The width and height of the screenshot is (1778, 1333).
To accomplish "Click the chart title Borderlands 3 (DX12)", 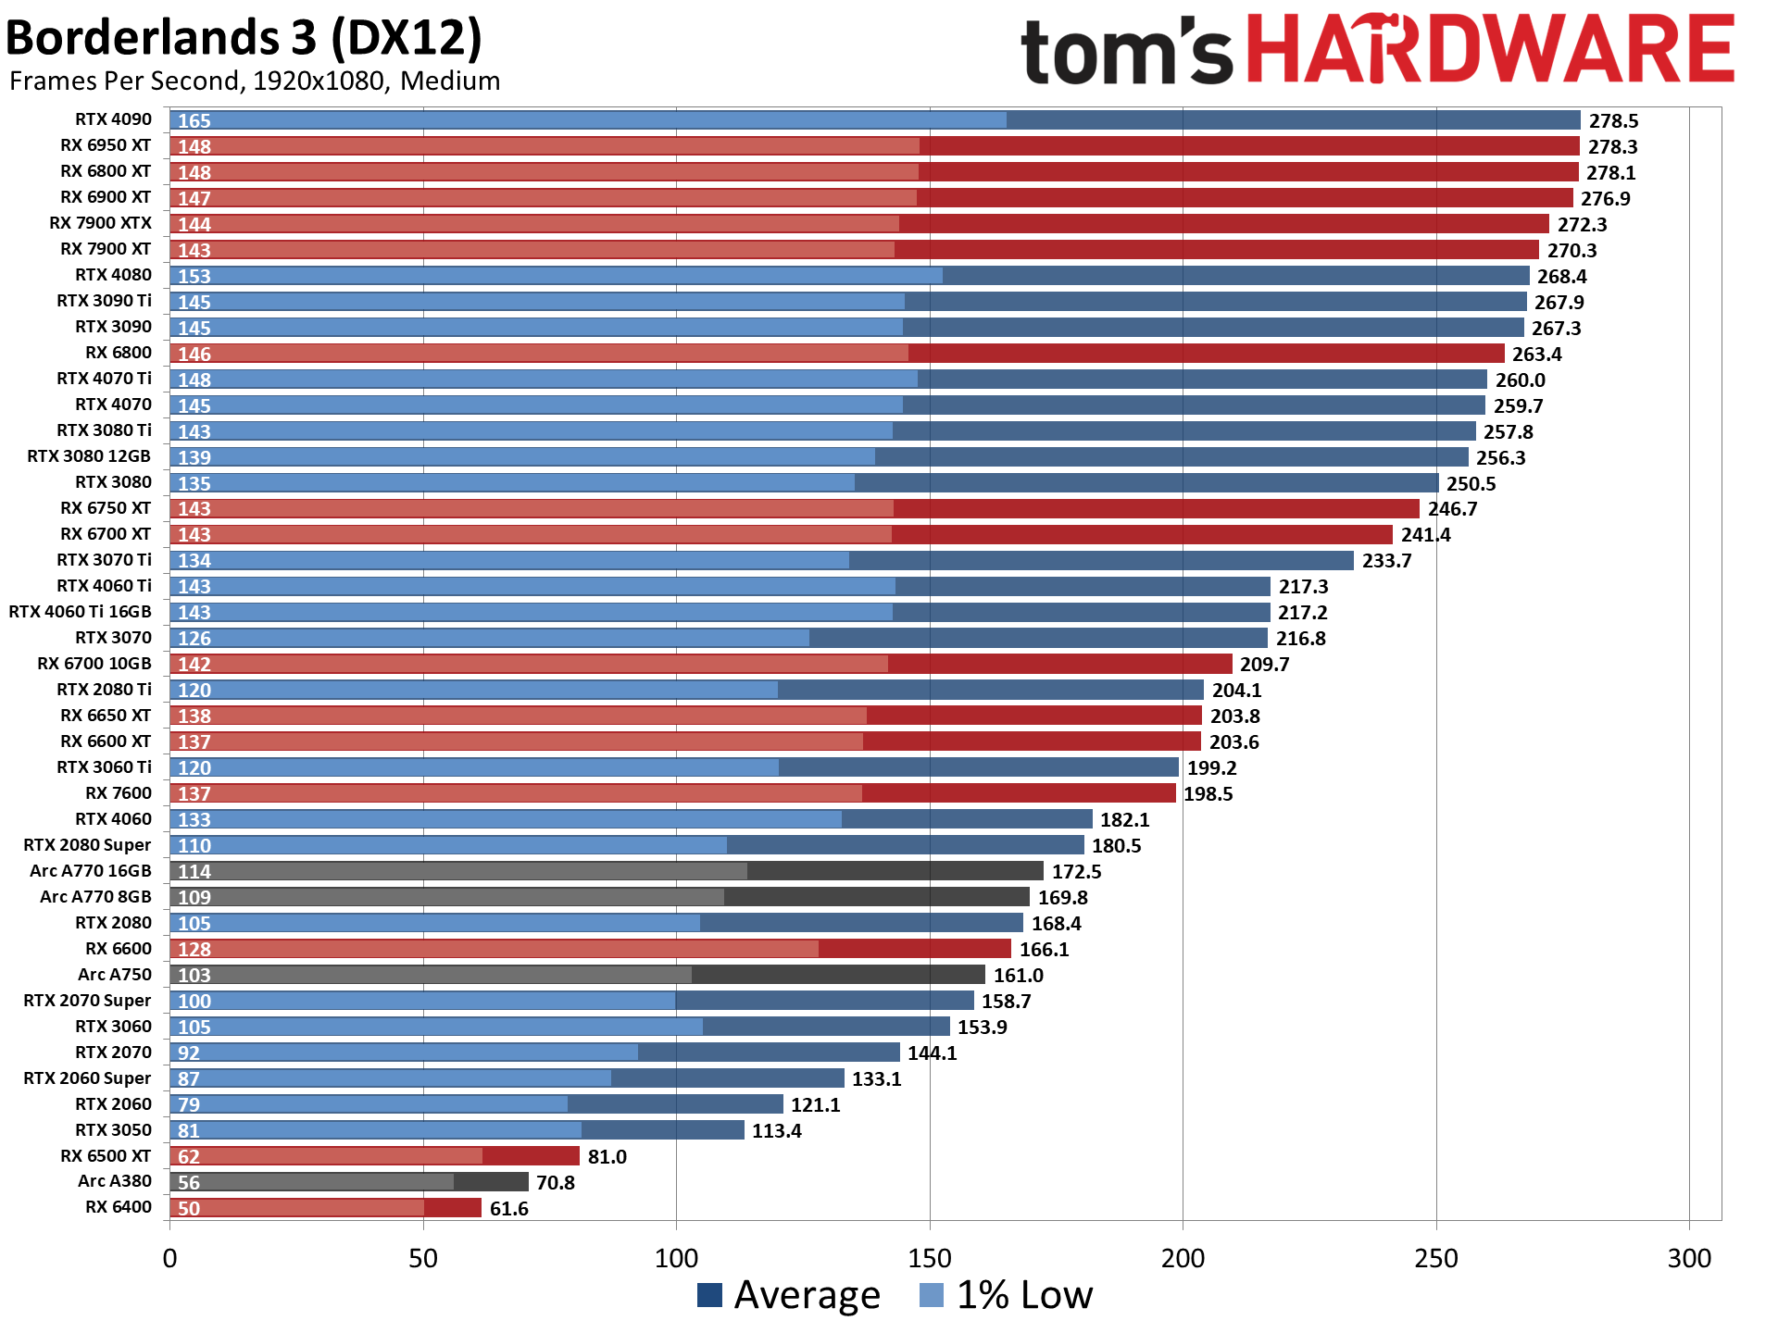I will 244,39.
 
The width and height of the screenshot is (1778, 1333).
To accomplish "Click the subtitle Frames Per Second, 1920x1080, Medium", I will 255,81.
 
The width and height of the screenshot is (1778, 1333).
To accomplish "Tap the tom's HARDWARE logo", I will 1376,50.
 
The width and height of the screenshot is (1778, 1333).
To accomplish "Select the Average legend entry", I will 789,1295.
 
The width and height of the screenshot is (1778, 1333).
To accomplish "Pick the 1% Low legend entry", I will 1007,1295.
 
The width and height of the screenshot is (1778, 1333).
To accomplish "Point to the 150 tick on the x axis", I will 930,1258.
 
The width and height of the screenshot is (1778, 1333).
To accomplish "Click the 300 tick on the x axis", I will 1689,1258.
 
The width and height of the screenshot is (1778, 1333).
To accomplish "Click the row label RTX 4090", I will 113,119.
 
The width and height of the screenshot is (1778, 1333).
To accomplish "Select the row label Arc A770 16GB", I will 90,871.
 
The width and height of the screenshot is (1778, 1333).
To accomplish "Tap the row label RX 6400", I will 118,1207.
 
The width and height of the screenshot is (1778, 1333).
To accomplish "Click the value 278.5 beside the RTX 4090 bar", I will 1614,121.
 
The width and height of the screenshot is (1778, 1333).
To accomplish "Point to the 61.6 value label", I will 508,1209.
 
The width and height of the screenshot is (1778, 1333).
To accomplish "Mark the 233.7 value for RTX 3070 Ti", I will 1386,561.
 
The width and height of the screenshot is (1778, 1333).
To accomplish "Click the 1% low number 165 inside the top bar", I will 194,121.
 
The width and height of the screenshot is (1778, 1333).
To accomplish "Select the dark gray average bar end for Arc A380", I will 492,1182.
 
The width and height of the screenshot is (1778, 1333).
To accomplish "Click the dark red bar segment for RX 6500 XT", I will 532,1156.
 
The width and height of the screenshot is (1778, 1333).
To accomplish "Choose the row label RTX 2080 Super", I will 87,845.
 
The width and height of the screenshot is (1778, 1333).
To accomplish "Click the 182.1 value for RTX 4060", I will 1124,820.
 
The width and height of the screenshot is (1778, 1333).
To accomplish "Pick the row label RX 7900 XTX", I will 100,223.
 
